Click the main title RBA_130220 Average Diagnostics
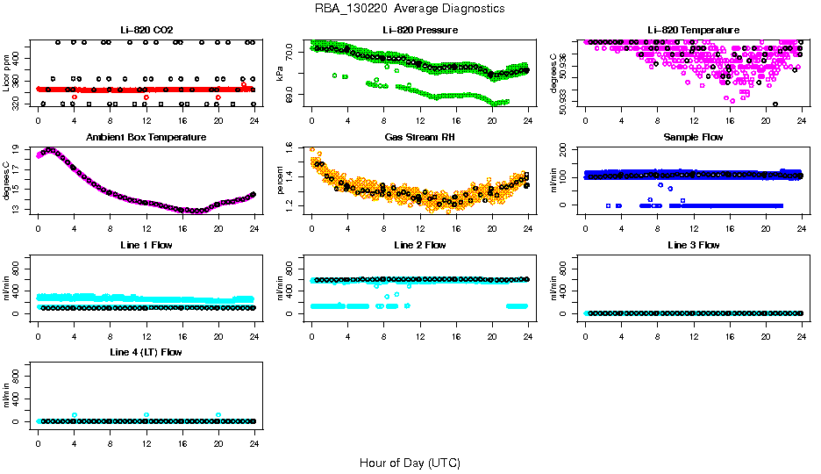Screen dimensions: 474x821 [x=410, y=9]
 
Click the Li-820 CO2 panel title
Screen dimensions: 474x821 [x=146, y=31]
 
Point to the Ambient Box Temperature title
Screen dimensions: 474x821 [x=146, y=138]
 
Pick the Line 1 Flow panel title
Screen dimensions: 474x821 [x=146, y=245]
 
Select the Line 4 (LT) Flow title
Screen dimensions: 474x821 [x=146, y=352]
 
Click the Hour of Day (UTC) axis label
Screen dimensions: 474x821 [x=410, y=463]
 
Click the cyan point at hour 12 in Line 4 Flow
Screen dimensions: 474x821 [x=146, y=414]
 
